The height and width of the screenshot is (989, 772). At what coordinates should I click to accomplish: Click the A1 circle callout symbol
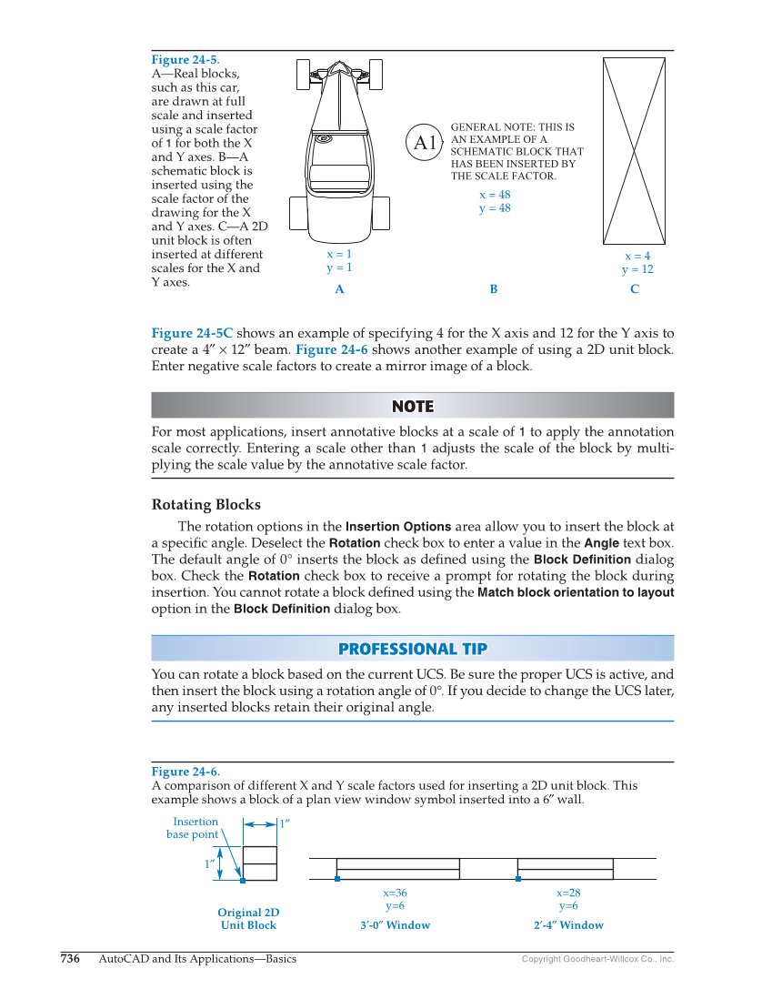coord(426,143)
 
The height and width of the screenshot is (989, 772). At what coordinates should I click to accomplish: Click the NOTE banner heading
coord(412,406)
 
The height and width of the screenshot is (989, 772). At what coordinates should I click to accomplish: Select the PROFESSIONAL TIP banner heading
coord(412,649)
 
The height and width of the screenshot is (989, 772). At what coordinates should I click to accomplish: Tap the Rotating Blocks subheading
coord(206,505)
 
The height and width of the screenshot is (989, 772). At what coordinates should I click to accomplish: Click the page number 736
coord(70,959)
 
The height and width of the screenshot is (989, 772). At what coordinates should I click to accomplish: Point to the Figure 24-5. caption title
coord(185,60)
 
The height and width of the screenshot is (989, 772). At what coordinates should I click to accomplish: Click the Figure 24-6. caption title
coord(185,772)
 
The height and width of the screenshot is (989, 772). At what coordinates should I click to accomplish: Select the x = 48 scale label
coord(495,195)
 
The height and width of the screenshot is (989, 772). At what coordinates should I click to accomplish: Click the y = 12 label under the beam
coord(637,269)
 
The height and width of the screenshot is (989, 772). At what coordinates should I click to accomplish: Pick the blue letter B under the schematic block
coord(494,289)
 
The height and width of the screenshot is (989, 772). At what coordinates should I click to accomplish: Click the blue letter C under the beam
coord(635,289)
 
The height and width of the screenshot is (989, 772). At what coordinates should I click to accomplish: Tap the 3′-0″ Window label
coord(395,925)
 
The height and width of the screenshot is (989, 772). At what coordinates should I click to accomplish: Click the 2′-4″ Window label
coord(568,925)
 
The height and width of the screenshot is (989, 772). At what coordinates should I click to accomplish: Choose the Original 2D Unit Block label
coord(248,919)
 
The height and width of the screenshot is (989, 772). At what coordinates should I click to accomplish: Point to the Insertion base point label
coord(193,828)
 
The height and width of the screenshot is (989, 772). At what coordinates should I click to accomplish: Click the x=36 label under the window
coord(395,893)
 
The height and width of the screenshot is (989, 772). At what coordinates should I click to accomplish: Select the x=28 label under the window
coord(568,893)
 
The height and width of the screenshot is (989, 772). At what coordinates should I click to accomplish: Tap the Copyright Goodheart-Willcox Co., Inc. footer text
coord(597,960)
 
